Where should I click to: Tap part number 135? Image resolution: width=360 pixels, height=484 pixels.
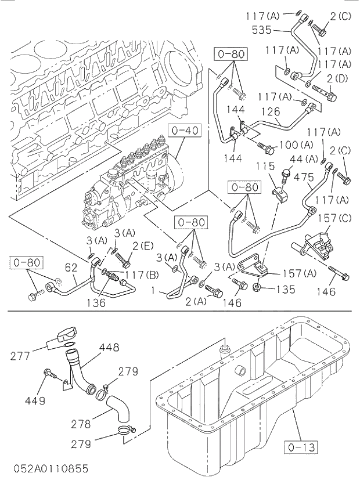[x=284, y=289]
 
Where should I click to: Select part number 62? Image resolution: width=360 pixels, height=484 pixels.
[x=71, y=268]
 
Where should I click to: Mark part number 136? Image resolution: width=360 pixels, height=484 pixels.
[x=96, y=302]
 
